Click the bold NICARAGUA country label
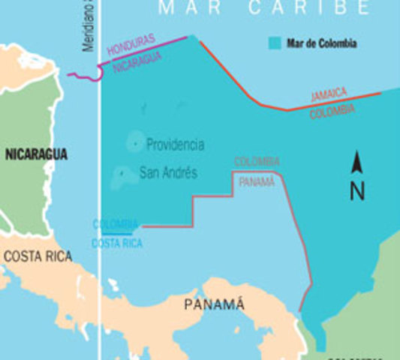point(36,154)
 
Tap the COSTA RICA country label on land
point(38,256)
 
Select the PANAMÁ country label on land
point(215,304)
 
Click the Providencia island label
point(175,145)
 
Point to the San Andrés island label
point(168,173)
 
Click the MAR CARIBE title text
point(264,9)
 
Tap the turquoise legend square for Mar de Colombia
point(275,43)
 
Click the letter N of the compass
point(357,191)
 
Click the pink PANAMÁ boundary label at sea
point(257,181)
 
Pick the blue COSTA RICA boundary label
point(116,243)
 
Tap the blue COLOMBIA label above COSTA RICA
point(116,224)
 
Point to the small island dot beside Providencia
point(135,142)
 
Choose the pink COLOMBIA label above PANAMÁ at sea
point(257,162)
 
